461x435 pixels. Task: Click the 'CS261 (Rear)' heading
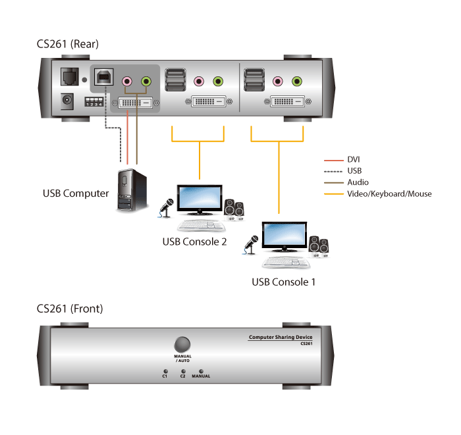tap(68, 44)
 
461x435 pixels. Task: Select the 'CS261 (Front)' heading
tap(70, 308)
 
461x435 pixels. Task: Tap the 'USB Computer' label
tap(76, 193)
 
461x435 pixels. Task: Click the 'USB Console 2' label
tap(194, 242)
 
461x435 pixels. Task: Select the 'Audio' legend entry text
tap(358, 182)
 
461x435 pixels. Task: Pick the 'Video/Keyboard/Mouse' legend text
tap(389, 194)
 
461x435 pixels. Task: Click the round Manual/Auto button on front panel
tap(182, 344)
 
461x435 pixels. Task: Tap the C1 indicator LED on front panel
tap(165, 371)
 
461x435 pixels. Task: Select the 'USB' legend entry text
tap(354, 170)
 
